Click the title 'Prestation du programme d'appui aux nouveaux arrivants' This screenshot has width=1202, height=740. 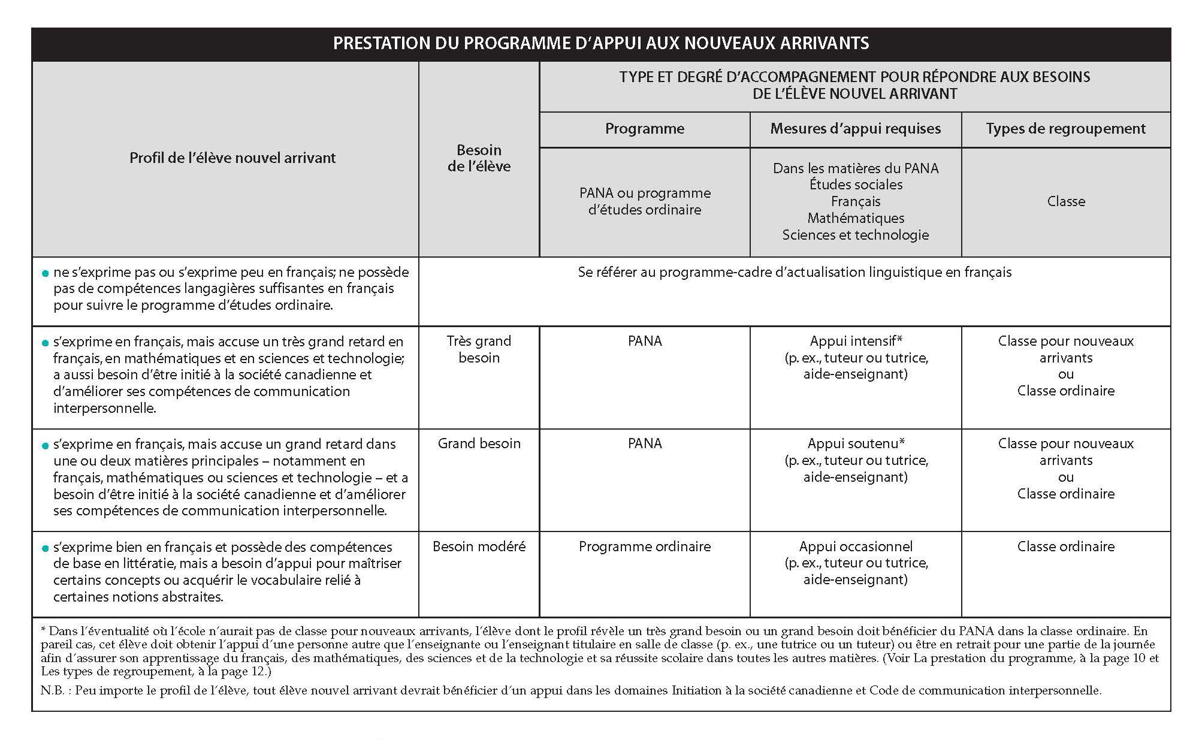[600, 44]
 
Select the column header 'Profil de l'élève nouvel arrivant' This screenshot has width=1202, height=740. [232, 158]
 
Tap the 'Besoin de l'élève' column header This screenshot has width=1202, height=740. [479, 158]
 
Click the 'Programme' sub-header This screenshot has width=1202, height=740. [644, 129]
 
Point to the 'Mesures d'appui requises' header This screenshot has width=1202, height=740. [855, 129]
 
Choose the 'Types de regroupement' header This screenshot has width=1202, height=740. [1065, 129]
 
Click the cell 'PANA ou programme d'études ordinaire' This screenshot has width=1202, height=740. [645, 201]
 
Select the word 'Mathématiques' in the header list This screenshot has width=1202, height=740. [855, 218]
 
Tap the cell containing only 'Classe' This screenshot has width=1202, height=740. [1065, 201]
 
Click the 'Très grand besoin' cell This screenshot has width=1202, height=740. [479, 349]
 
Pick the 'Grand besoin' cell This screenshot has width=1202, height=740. [479, 444]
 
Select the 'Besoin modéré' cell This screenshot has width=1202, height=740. [479, 546]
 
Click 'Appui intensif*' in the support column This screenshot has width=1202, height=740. [855, 342]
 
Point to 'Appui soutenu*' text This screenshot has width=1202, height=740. [855, 444]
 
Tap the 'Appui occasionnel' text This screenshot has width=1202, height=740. [855, 546]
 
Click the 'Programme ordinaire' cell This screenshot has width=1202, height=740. [644, 546]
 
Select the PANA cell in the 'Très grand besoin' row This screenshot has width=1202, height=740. [644, 342]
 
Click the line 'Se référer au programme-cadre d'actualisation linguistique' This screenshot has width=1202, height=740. [794, 273]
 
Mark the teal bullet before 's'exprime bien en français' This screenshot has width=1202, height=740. [45, 548]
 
